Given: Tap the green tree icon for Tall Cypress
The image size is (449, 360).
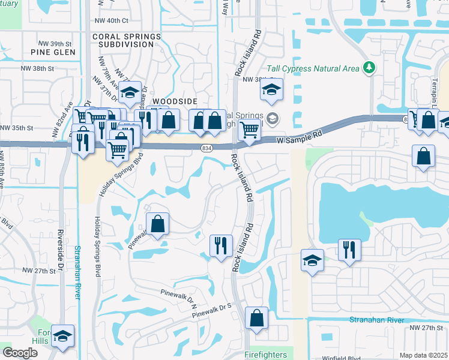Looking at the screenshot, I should pos(369,67).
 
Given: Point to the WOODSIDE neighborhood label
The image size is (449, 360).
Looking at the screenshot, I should pos(175,102).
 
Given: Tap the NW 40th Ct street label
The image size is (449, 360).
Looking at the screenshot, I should pos(112,20).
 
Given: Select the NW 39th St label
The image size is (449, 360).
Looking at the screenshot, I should pos(55,44).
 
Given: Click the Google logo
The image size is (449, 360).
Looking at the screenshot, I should pos(20,352).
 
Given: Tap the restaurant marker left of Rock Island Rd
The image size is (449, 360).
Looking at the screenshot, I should pos(221,245).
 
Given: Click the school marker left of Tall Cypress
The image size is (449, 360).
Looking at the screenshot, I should pos(271,91).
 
